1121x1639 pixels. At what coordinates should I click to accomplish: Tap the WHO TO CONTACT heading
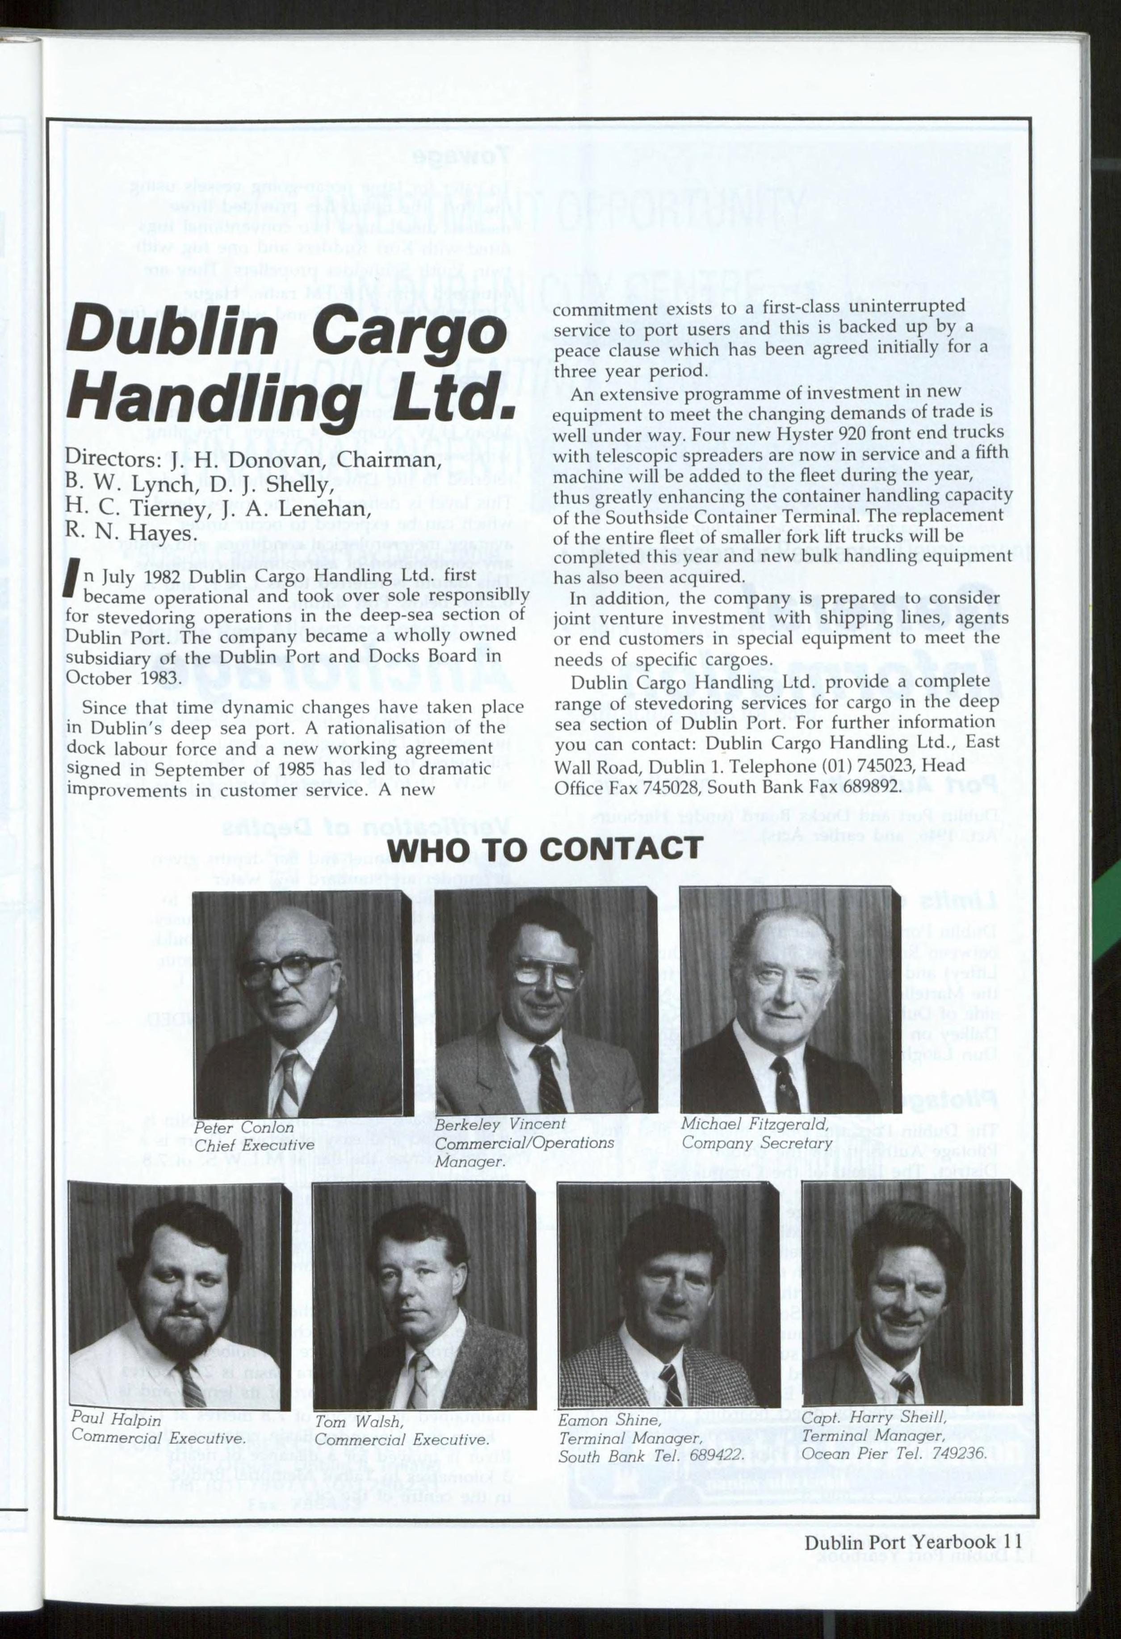[545, 848]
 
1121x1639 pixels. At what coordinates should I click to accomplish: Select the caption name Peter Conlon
[244, 1128]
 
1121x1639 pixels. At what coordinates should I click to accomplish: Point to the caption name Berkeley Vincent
[500, 1124]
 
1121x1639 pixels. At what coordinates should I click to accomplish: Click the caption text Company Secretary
[757, 1143]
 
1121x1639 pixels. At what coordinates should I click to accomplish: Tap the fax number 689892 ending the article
[873, 786]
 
